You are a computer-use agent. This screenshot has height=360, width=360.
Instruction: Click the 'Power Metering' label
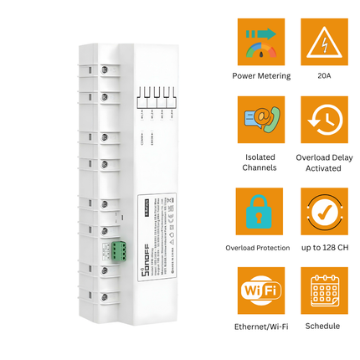click(x=261, y=76)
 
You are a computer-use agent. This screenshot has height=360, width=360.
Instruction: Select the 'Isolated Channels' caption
click(x=261, y=162)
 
